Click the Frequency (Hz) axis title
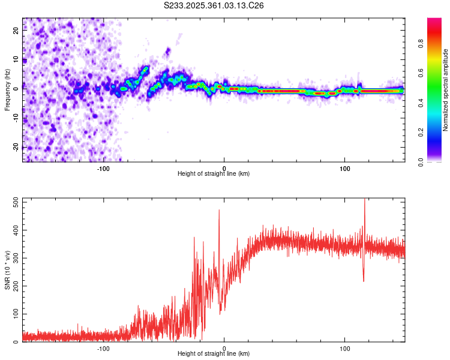(7, 89)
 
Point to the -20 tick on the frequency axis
(16, 146)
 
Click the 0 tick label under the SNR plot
(224, 347)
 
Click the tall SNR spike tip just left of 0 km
(219, 210)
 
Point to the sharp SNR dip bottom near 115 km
(364, 281)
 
